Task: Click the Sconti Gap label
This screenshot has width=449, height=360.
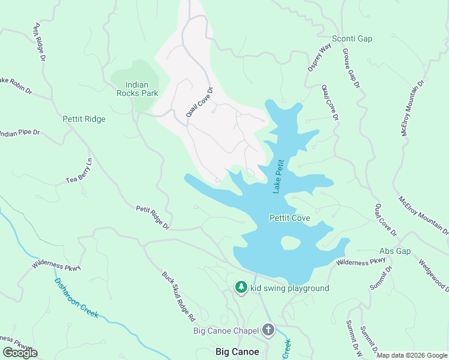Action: [x=352, y=39]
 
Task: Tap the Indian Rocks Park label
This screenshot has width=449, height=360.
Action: [x=137, y=89]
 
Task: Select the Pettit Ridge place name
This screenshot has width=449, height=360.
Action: [x=83, y=119]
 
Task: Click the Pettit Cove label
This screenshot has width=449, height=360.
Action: [x=289, y=218]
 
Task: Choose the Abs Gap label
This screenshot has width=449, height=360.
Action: [x=395, y=251]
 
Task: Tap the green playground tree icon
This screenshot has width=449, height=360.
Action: [x=241, y=288]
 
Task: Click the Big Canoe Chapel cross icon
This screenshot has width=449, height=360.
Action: [x=268, y=330]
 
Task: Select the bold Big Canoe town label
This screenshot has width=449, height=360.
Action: [x=238, y=352]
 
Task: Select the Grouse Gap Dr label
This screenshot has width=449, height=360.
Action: [x=350, y=69]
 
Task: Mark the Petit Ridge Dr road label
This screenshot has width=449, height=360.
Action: [x=152, y=218]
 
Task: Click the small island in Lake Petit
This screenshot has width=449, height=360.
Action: [x=290, y=243]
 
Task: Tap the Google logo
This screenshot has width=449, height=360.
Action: [x=20, y=353]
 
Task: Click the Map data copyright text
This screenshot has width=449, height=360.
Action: [x=411, y=355]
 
